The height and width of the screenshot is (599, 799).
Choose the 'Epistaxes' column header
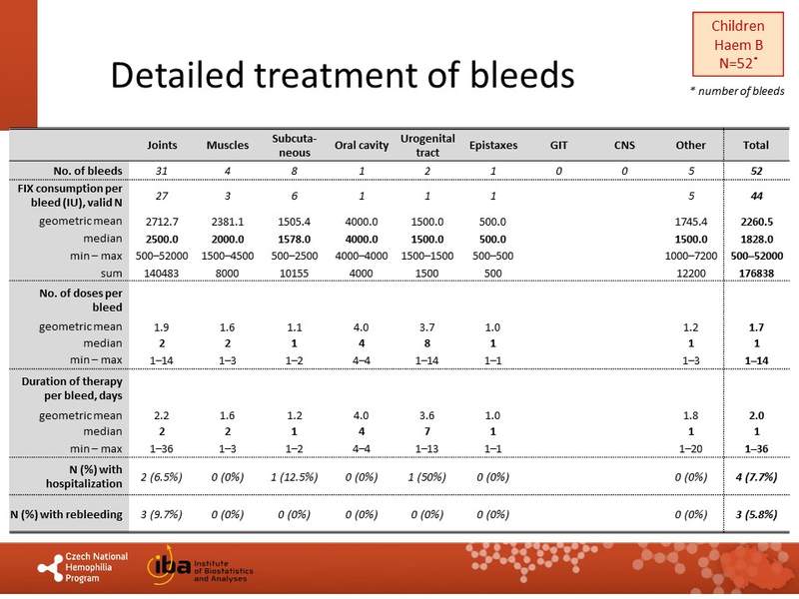click(x=492, y=145)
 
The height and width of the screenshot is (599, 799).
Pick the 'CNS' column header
click(x=624, y=145)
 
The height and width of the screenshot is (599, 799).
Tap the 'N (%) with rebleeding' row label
click(x=68, y=514)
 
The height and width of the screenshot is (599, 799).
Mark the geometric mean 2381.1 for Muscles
click(x=228, y=221)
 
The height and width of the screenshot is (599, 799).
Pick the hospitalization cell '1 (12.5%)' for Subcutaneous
click(x=294, y=478)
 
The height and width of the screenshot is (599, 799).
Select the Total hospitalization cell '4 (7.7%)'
click(x=750, y=478)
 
